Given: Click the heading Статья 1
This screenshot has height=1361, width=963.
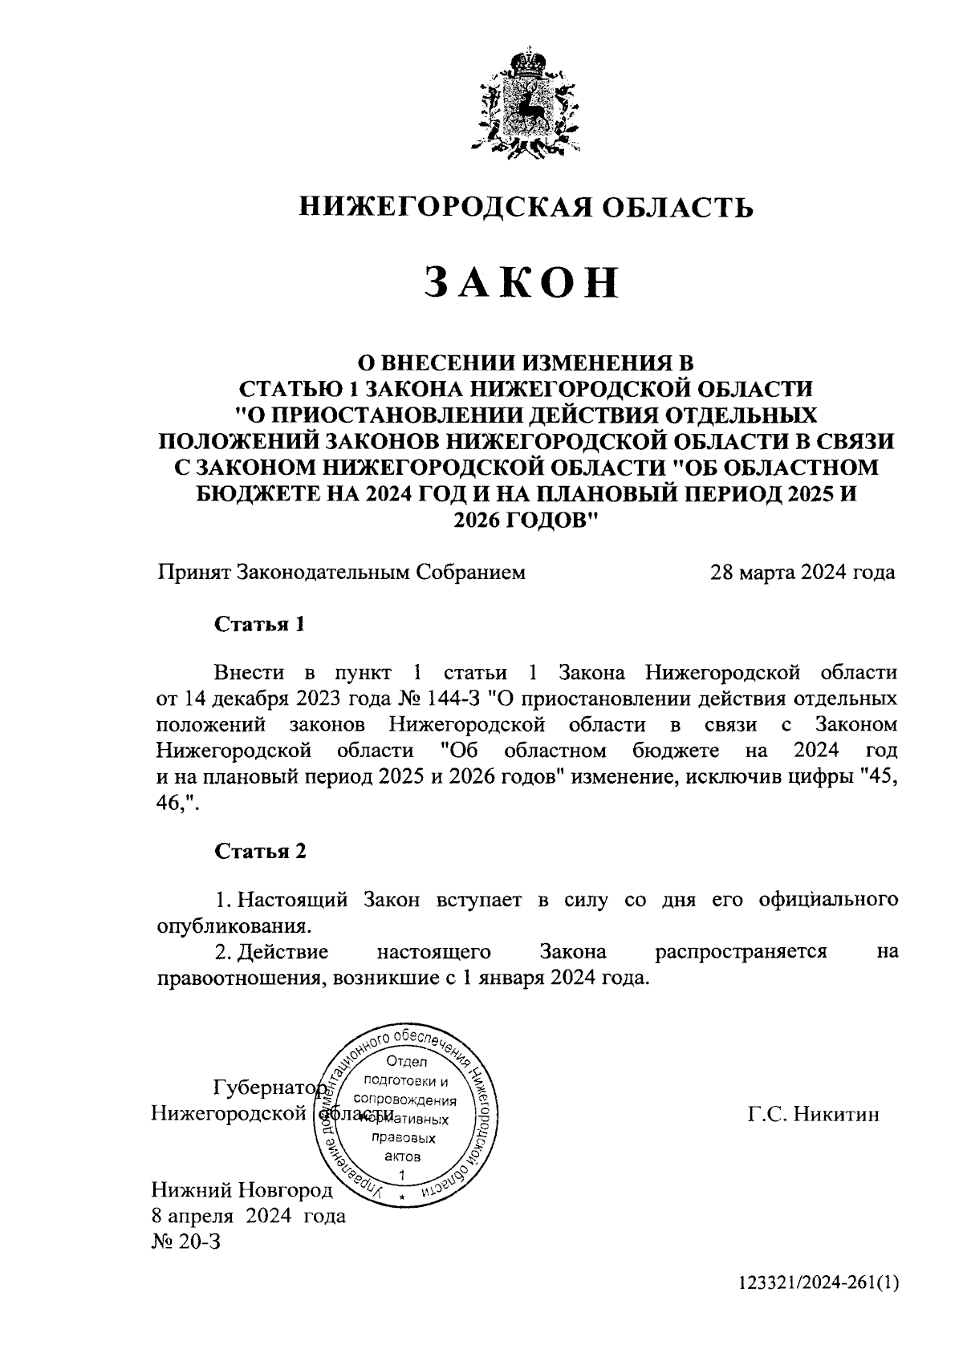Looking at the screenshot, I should coord(260,624).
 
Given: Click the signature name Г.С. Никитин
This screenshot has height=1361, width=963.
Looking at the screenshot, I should coord(813,1114).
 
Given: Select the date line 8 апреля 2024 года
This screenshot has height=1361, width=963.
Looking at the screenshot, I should coord(250,1216).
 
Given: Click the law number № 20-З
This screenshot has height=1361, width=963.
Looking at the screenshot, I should coord(185,1242).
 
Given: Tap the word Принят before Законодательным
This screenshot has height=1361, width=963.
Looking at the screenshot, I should coord(193,573).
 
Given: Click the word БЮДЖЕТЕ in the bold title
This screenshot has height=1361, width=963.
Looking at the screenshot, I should coord(248,493).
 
